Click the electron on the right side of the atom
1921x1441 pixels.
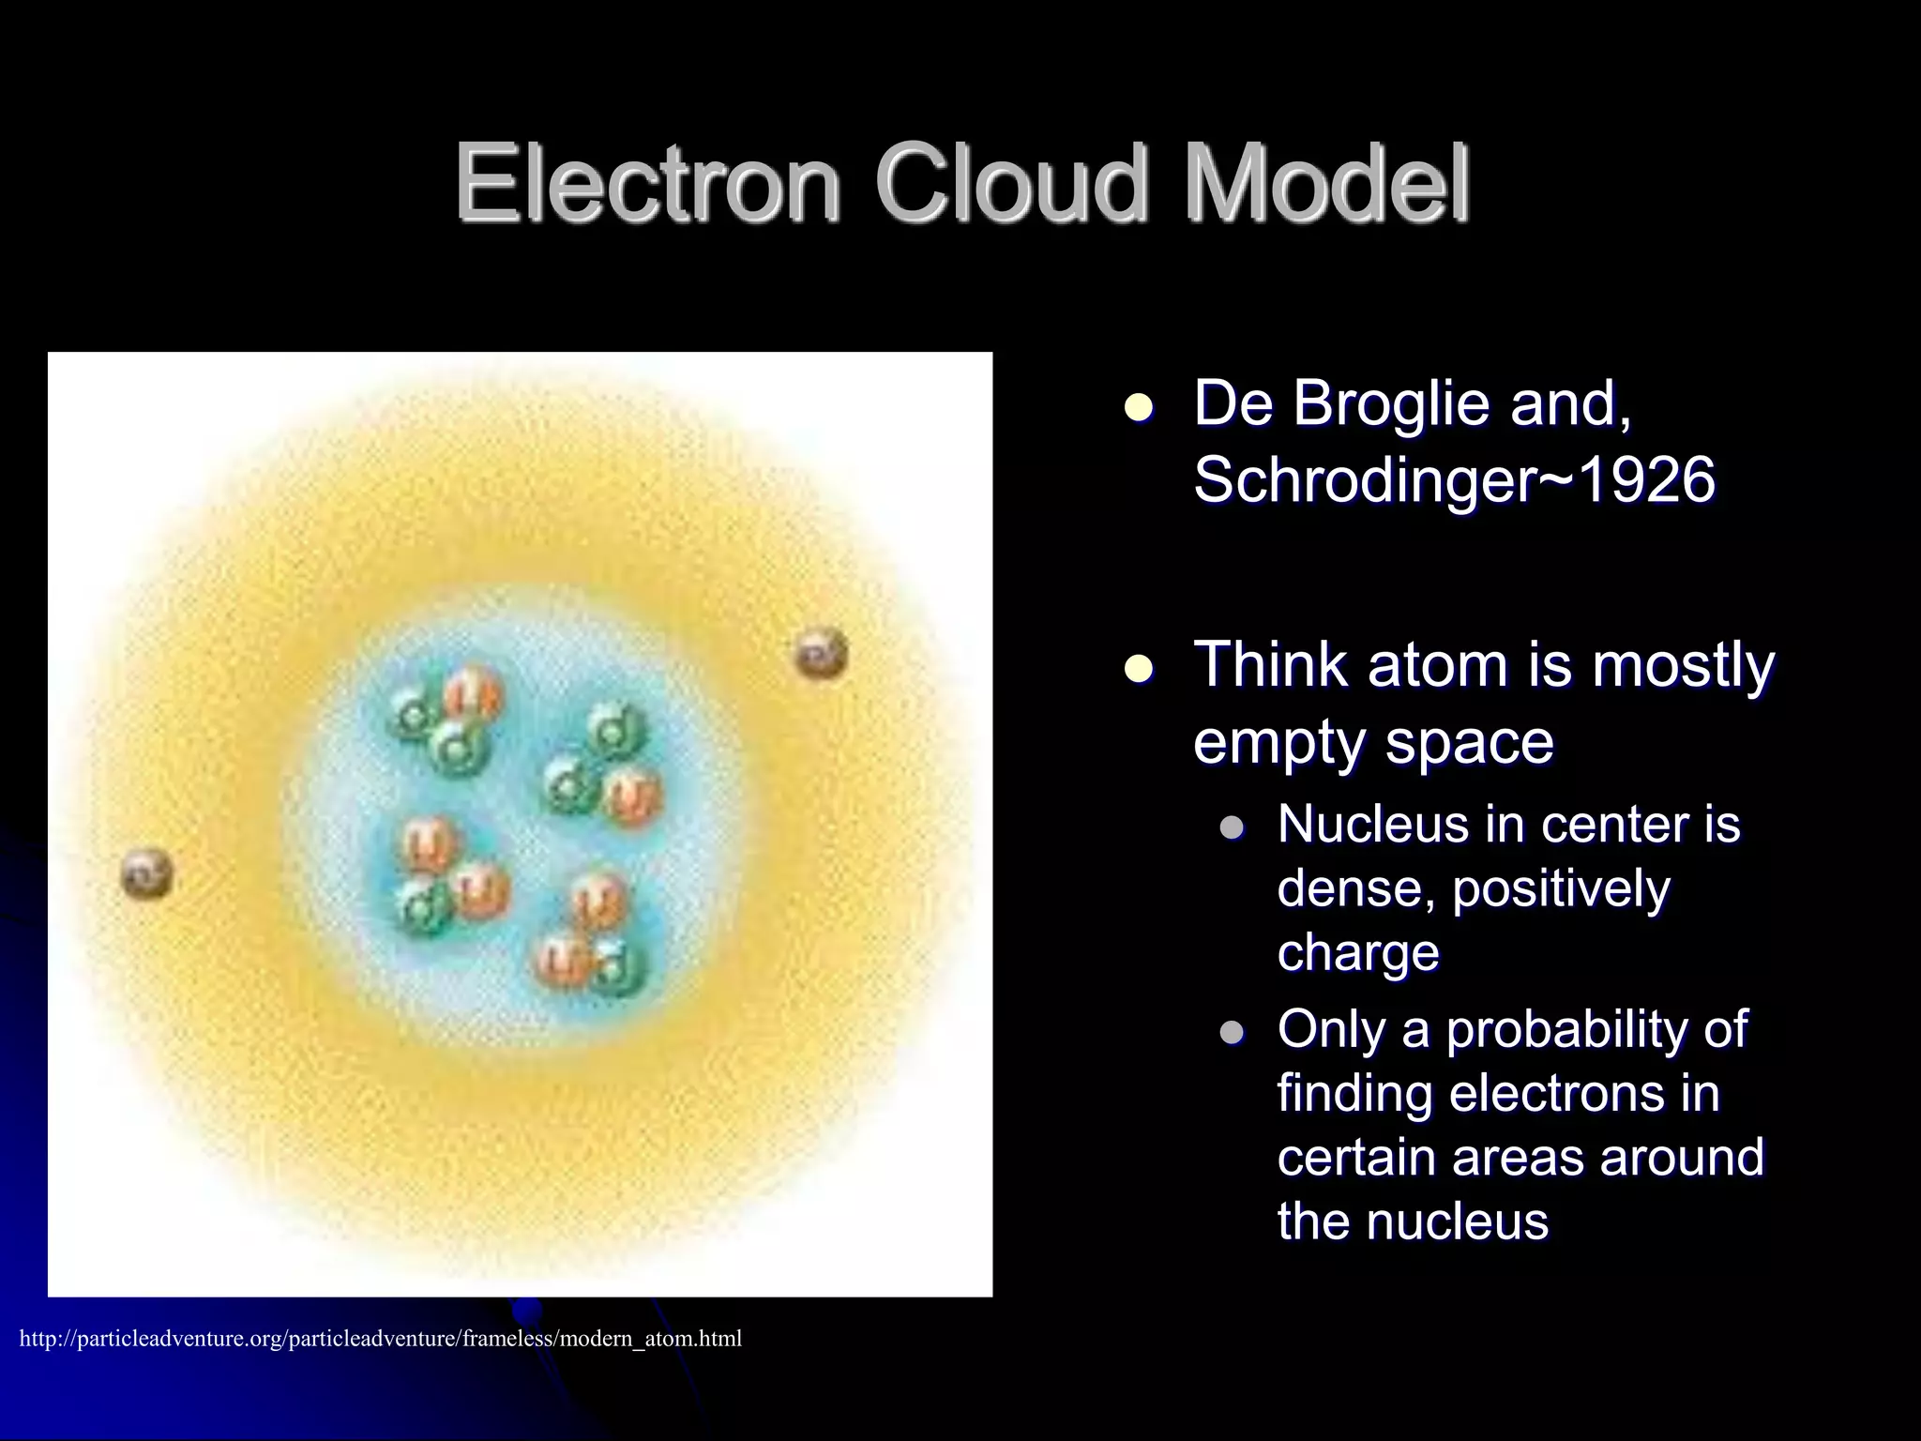(x=822, y=654)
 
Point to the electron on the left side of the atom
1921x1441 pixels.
(x=147, y=872)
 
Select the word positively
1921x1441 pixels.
(x=1561, y=889)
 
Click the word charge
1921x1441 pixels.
(x=1357, y=952)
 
